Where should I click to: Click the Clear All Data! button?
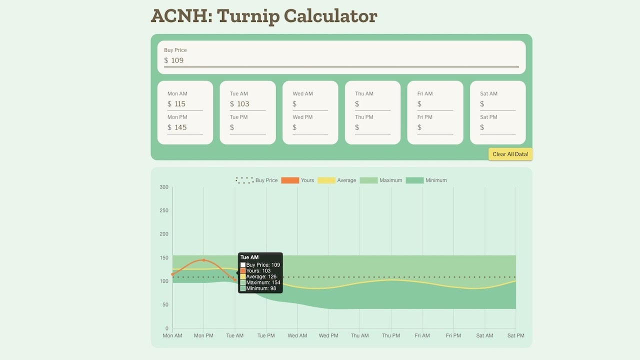pyautogui.click(x=510, y=154)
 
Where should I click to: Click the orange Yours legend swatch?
pyautogui.click(x=290, y=180)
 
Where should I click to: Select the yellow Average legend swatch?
pyautogui.click(x=326, y=180)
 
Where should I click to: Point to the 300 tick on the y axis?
pyautogui.click(x=164, y=187)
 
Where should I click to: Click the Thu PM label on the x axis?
pyautogui.click(x=391, y=335)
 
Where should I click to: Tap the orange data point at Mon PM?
pyautogui.click(x=203, y=260)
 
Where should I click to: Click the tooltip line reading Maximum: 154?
pyautogui.click(x=263, y=282)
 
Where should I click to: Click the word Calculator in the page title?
pyautogui.click(x=330, y=16)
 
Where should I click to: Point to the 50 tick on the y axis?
pyautogui.click(x=165, y=304)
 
